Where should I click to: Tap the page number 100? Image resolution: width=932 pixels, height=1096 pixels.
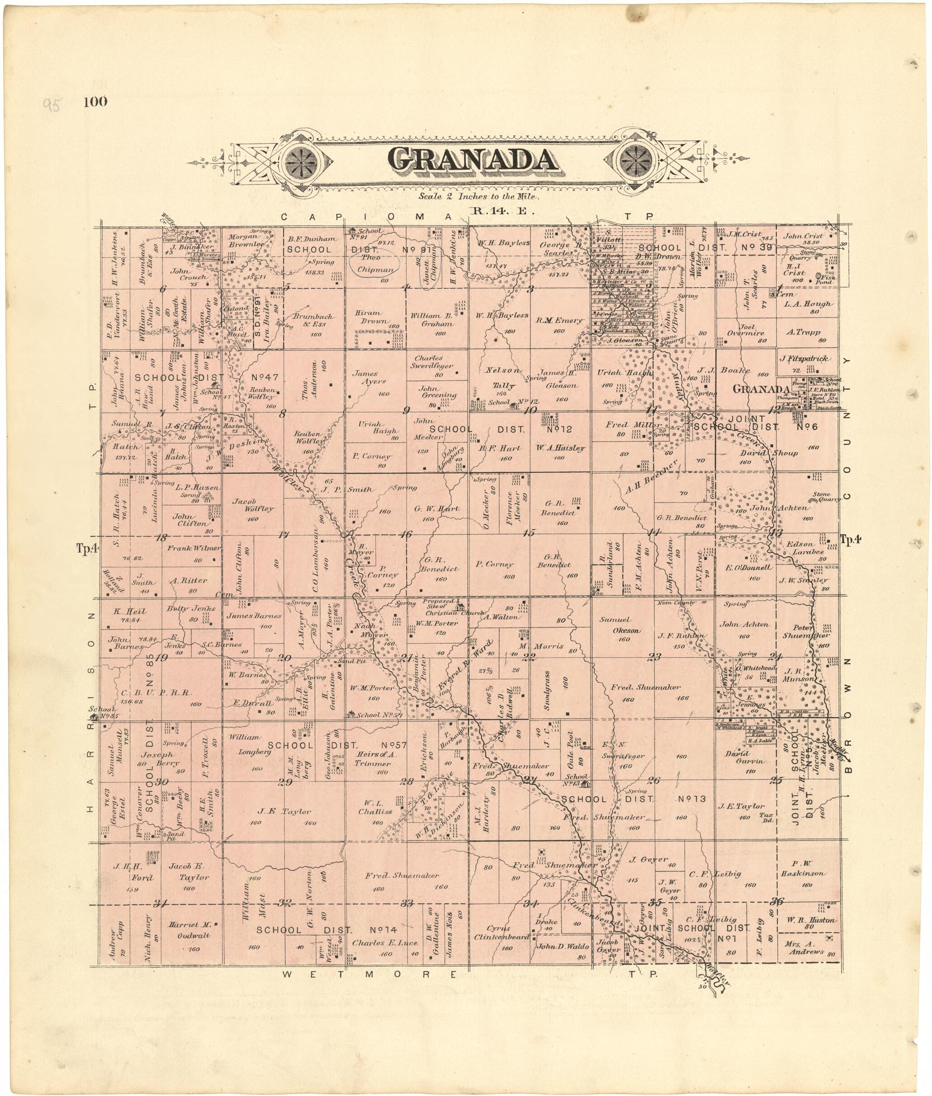(x=95, y=101)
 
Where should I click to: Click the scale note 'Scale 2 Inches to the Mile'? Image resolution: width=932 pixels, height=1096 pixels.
(x=479, y=197)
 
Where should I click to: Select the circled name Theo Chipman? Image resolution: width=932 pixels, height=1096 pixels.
(x=374, y=263)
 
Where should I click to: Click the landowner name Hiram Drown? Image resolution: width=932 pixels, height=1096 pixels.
(x=373, y=317)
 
